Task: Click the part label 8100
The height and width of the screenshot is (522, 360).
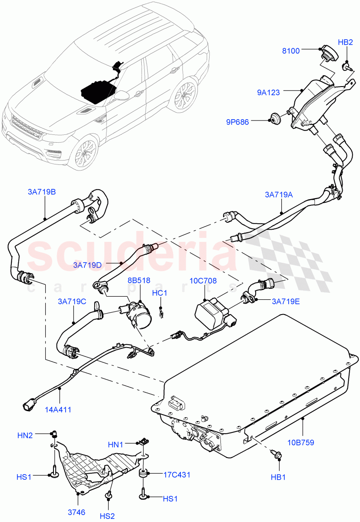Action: pyautogui.click(x=291, y=51)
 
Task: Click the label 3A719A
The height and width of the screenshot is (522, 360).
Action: pyautogui.click(x=279, y=195)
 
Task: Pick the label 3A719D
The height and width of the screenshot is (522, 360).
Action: pyautogui.click(x=87, y=264)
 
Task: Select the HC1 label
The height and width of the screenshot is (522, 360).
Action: pyautogui.click(x=160, y=293)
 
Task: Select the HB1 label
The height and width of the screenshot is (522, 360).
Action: pyautogui.click(x=278, y=477)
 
